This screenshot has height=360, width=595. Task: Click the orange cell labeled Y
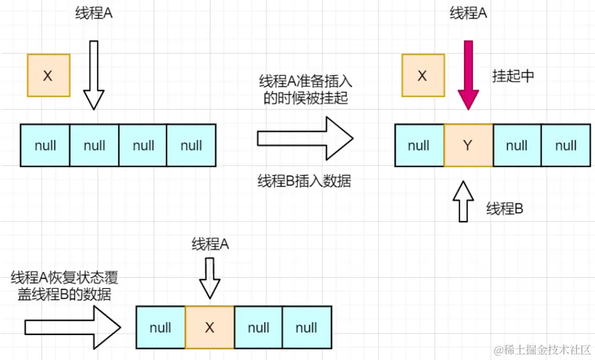468,146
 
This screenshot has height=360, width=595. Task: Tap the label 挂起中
513,76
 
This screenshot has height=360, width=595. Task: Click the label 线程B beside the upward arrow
505,209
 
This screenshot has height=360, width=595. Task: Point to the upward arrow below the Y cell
465,201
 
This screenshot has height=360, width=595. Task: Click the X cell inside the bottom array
209,327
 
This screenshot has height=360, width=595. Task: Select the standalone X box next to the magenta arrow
422,76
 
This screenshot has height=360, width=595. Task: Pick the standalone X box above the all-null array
48,76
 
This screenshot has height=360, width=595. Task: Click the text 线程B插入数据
304,182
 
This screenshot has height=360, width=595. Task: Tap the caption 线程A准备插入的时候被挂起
305,90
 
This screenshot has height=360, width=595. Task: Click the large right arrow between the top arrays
305,139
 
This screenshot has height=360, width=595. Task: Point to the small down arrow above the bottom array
210,278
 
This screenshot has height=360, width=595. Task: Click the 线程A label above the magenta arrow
468,13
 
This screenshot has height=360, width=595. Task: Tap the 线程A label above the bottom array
210,244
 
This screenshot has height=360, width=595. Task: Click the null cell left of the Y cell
419,146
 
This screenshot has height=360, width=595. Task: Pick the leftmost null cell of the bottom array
160,327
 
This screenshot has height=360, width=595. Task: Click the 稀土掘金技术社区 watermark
543,350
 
